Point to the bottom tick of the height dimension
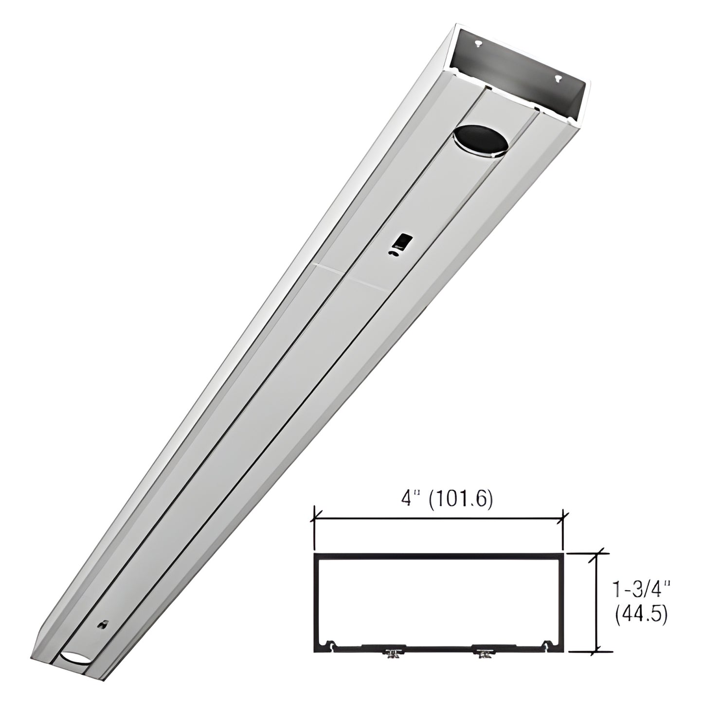[x=596, y=650]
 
